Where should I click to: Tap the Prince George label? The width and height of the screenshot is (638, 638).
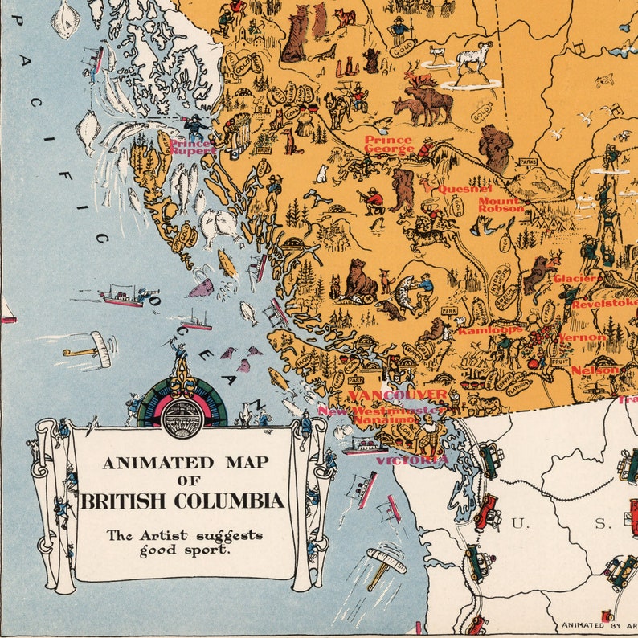388,145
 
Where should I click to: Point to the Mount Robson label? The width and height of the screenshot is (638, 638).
501,204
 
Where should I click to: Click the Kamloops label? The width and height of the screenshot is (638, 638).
489,329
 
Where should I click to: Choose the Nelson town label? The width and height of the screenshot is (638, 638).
595,370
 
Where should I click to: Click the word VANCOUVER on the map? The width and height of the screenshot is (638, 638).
398,395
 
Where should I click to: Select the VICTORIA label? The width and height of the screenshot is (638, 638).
411,460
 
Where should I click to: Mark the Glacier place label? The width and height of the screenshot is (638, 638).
575,279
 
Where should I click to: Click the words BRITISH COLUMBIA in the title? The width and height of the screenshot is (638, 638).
182,501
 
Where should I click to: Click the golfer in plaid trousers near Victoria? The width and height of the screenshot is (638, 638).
429,435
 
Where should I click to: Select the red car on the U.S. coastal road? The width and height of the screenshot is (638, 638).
487,512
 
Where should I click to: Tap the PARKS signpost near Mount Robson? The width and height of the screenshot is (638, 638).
527,162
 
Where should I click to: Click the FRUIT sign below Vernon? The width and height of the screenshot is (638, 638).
558,362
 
